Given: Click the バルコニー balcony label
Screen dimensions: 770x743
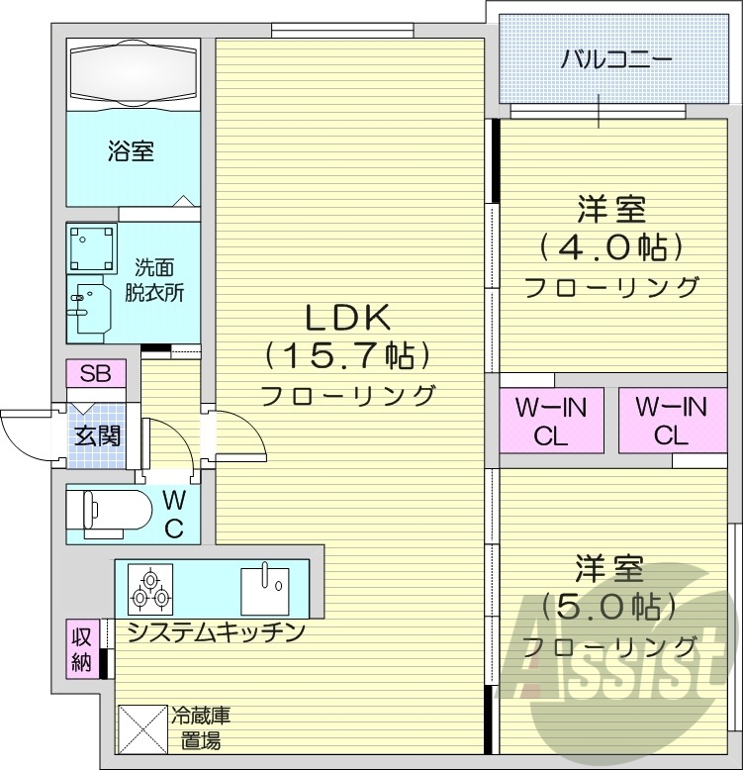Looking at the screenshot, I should tap(616, 58).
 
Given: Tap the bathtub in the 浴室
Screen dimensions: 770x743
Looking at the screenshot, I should tap(134, 73).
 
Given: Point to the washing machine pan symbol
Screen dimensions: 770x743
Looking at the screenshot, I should tap(91, 247).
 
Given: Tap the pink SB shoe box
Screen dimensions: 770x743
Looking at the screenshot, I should tap(96, 373).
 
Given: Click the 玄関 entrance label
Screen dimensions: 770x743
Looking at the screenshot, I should tap(96, 433).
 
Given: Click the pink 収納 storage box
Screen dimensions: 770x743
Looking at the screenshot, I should tap(81, 649).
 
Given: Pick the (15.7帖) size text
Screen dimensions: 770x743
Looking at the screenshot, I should tap(348, 354).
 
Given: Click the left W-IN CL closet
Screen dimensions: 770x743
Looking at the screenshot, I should tap(551, 420).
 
